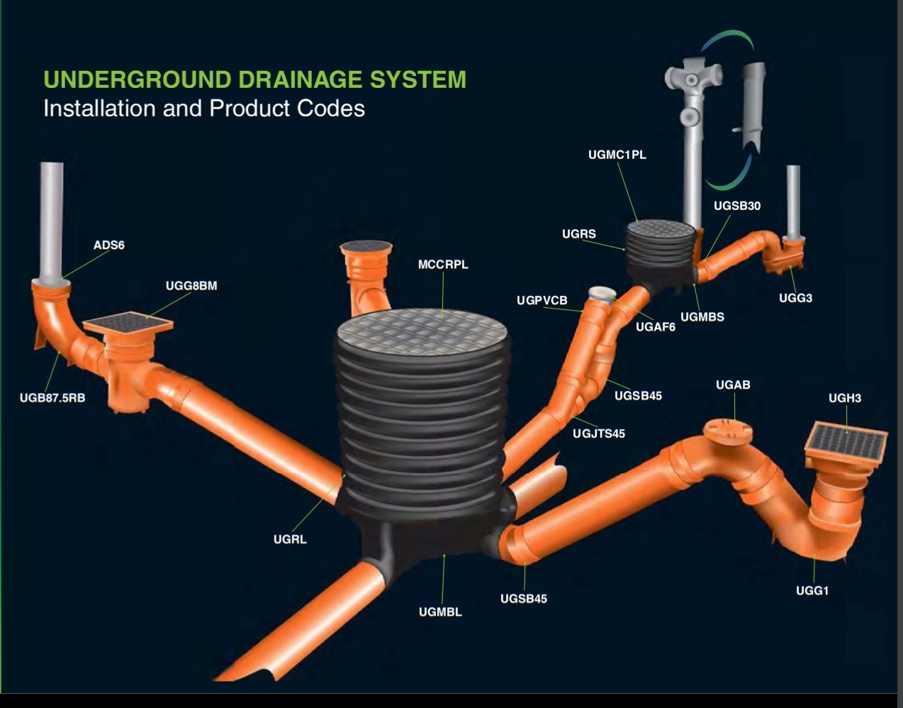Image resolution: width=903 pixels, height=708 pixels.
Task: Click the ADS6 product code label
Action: coord(108,245)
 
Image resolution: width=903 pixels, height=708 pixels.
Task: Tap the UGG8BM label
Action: coord(191,286)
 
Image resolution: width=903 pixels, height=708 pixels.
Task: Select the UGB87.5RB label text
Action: coord(52,398)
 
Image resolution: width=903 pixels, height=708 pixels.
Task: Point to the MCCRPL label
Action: coord(443,265)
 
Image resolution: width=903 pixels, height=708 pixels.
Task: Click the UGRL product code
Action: coord(290,539)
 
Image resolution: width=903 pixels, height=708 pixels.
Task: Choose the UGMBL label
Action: coord(440,612)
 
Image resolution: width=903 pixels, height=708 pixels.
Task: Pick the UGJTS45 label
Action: coord(599,433)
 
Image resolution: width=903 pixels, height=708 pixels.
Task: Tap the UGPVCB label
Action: coord(542,301)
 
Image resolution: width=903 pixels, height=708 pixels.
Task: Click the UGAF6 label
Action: coord(656,327)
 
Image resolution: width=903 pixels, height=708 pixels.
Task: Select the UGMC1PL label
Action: coord(617,155)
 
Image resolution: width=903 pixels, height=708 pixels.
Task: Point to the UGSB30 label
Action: coord(737,206)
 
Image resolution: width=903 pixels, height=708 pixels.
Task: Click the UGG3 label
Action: coord(795,298)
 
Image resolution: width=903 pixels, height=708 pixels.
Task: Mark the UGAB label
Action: coord(733,385)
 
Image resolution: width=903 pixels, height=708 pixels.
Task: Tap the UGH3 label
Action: coord(845,398)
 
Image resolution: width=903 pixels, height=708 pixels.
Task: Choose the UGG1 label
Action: coord(812,590)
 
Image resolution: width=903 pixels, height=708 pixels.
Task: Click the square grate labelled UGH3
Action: coord(846,443)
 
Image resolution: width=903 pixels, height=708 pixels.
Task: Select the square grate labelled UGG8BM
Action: coord(128,323)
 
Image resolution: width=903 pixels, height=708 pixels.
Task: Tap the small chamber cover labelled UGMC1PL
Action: coord(661,228)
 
